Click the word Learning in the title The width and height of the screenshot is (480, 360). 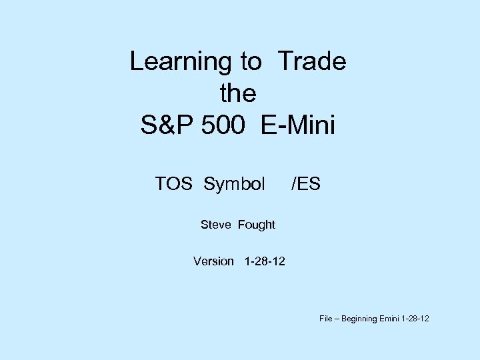tap(180, 62)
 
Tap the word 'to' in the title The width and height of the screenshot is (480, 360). tap(251, 62)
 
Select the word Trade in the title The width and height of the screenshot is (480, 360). tap(312, 62)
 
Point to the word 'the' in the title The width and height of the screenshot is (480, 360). tap(238, 94)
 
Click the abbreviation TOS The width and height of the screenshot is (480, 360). tap(175, 183)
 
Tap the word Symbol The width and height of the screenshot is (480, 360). tap(235, 183)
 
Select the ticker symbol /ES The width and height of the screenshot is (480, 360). tap(305, 183)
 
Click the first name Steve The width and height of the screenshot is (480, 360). tap(215, 225)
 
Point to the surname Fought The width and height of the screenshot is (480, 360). tap(256, 225)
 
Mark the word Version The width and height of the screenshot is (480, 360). tap(213, 261)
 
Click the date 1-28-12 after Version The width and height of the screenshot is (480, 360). tap(265, 261)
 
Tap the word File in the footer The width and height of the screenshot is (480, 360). tap(325, 319)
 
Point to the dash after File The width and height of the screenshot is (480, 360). tap(337, 319)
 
